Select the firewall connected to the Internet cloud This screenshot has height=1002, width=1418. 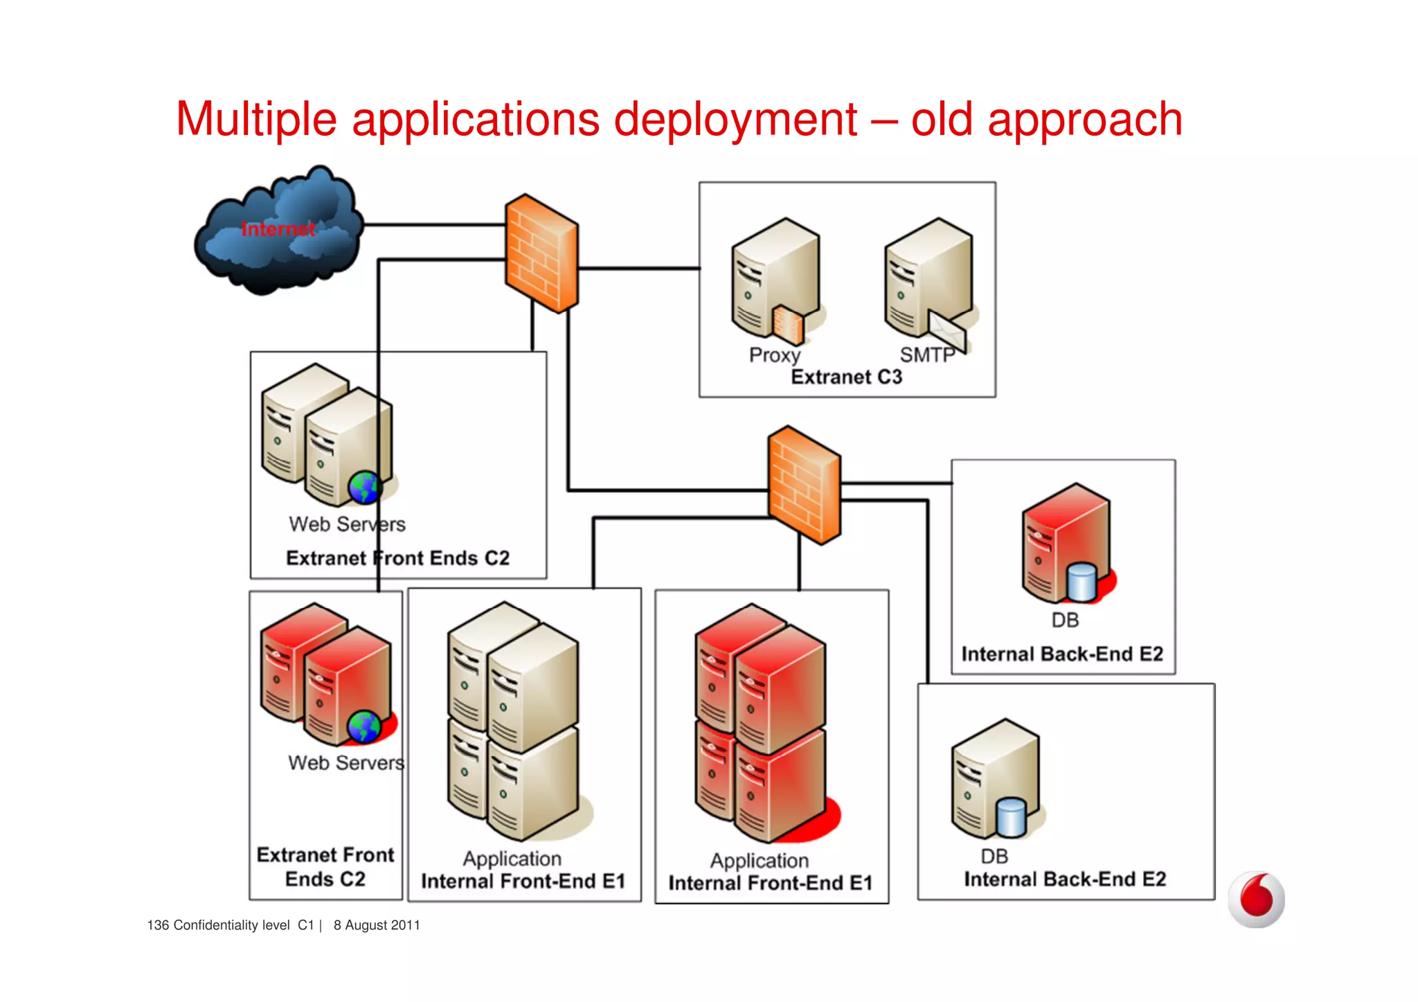pyautogui.click(x=541, y=253)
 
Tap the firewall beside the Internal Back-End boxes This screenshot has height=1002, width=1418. pyautogui.click(x=805, y=485)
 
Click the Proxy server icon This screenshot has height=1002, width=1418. pyautogui.click(x=775, y=280)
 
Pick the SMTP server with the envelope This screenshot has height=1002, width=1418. pyautogui.click(x=928, y=280)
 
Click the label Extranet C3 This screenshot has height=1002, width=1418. pyautogui.click(x=846, y=377)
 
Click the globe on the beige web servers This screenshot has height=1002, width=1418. pyautogui.click(x=364, y=487)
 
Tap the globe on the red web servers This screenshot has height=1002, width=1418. pyautogui.click(x=364, y=726)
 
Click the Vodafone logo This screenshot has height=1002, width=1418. pyautogui.click(x=1256, y=899)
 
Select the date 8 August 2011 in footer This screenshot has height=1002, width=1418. pyautogui.click(x=377, y=925)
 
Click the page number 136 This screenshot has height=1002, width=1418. pyautogui.click(x=158, y=925)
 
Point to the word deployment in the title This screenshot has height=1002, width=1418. pyautogui.click(x=735, y=119)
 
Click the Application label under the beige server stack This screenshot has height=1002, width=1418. pyautogui.click(x=512, y=859)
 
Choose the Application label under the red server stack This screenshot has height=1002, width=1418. pyautogui.click(x=759, y=861)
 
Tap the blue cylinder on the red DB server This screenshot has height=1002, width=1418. pyautogui.click(x=1081, y=582)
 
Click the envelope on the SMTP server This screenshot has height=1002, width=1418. pyautogui.click(x=946, y=331)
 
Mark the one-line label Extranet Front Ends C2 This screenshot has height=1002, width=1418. pyautogui.click(x=397, y=558)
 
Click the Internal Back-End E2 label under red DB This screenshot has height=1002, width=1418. pyautogui.click(x=1062, y=654)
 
